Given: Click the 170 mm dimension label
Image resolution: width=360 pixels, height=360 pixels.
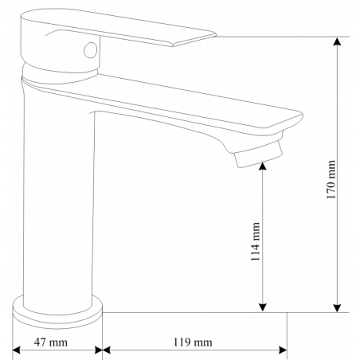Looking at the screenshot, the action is click(x=331, y=179).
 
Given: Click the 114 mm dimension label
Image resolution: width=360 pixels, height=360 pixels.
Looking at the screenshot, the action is click(x=256, y=241).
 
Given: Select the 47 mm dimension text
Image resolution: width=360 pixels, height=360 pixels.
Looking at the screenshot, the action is click(x=51, y=342).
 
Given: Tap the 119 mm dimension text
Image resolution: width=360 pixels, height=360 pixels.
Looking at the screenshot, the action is click(x=193, y=342).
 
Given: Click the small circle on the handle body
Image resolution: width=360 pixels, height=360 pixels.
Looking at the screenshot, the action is click(x=91, y=50).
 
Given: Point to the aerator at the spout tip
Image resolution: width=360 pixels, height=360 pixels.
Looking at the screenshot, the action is click(x=258, y=155).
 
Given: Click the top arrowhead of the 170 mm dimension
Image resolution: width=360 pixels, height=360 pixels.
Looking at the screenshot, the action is click(x=337, y=41).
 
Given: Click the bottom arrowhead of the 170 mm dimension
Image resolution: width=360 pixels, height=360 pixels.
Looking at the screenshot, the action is click(x=337, y=307).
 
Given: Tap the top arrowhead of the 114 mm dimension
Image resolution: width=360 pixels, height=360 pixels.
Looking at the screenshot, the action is click(x=262, y=166).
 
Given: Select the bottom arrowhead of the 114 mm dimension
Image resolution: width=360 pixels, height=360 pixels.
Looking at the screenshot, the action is click(x=262, y=307).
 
